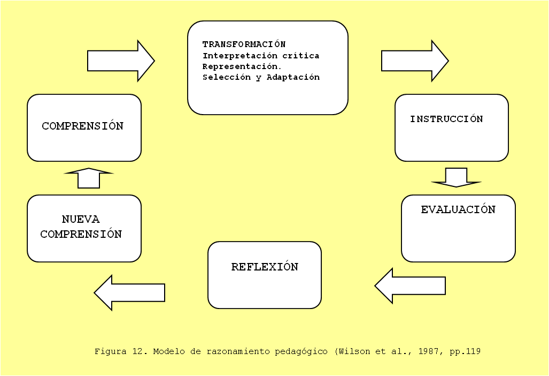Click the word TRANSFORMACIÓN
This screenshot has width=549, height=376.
tap(244, 44)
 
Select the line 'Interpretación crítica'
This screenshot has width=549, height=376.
tap(261, 55)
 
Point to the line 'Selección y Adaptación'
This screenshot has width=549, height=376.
tap(261, 77)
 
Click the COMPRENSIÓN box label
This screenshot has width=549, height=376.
tap(83, 126)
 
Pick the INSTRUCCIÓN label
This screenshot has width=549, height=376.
tap(446, 119)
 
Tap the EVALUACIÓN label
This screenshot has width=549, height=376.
tap(458, 209)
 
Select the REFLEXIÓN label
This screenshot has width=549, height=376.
tap(265, 267)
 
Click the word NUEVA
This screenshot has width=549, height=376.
tap(81, 219)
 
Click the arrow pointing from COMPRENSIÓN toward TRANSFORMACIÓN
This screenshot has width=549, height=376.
tap(120, 61)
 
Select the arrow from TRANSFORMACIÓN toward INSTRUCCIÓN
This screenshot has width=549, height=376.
tap(414, 61)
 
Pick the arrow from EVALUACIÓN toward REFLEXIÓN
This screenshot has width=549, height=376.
tap(409, 286)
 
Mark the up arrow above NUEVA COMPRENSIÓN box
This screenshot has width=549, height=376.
tap(89, 178)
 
